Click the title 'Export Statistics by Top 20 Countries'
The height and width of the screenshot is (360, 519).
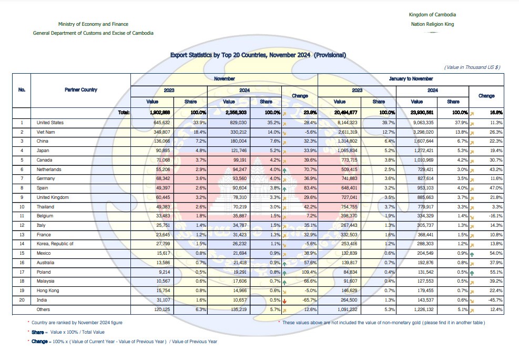click(258, 55)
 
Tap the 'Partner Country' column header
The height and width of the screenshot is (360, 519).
click(81, 90)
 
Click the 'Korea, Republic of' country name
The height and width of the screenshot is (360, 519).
click(55, 244)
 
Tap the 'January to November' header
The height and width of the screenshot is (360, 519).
click(411, 78)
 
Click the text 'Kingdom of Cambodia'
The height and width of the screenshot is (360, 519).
click(432, 14)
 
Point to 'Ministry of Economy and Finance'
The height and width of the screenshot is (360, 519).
click(93, 24)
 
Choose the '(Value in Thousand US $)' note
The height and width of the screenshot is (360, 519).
click(472, 67)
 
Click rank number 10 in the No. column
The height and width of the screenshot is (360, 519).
click(22, 206)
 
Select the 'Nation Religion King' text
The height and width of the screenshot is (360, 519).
click(432, 24)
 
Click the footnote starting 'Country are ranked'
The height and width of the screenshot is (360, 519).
click(78, 322)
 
